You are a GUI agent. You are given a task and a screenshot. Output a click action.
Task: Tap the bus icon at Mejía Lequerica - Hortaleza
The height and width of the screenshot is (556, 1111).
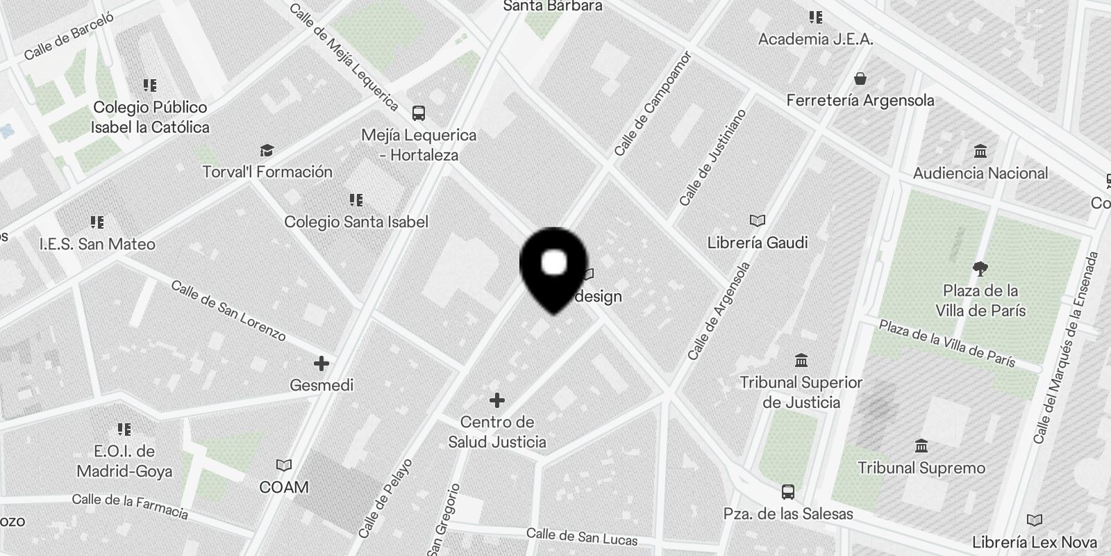pyautogui.click(x=418, y=113)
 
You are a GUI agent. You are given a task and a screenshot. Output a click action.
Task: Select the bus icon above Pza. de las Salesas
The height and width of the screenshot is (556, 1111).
pyautogui.click(x=787, y=492)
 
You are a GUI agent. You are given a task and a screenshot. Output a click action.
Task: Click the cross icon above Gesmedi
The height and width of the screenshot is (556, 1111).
pyautogui.click(x=321, y=363)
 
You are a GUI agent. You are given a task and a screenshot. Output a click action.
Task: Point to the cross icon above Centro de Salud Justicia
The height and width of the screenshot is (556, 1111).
pyautogui.click(x=497, y=400)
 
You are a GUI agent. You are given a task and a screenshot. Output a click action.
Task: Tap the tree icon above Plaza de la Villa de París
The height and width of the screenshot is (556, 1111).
pyautogui.click(x=980, y=268)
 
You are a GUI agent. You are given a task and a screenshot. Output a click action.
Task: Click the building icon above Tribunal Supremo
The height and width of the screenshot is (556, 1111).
pyautogui.click(x=921, y=445)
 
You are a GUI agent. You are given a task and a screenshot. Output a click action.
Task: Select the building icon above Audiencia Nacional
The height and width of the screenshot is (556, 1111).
pyautogui.click(x=980, y=151)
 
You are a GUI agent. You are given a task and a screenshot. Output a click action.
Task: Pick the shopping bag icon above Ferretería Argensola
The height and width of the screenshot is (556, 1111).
pyautogui.click(x=860, y=78)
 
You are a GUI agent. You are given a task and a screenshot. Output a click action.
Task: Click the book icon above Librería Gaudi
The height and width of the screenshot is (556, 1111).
pyautogui.click(x=758, y=220)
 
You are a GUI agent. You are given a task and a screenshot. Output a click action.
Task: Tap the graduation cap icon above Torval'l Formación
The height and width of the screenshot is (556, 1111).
pyautogui.click(x=267, y=150)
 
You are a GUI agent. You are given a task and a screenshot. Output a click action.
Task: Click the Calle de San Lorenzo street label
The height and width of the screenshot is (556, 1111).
pyautogui.click(x=228, y=311)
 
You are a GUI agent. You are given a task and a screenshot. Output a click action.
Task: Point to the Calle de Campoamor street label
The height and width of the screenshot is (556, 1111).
pyautogui.click(x=653, y=104)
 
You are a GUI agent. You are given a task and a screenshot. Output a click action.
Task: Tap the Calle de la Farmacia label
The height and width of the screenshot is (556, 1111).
pyautogui.click(x=130, y=506)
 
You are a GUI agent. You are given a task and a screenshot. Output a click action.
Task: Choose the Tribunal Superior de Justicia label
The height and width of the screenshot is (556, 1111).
pyautogui.click(x=801, y=392)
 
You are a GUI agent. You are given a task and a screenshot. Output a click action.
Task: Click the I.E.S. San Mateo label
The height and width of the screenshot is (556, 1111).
pyautogui.click(x=97, y=244)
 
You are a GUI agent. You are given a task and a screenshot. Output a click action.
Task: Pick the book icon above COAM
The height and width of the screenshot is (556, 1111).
pyautogui.click(x=283, y=465)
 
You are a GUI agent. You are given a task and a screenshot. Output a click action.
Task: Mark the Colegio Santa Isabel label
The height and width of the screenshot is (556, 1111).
pyautogui.click(x=356, y=222)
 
